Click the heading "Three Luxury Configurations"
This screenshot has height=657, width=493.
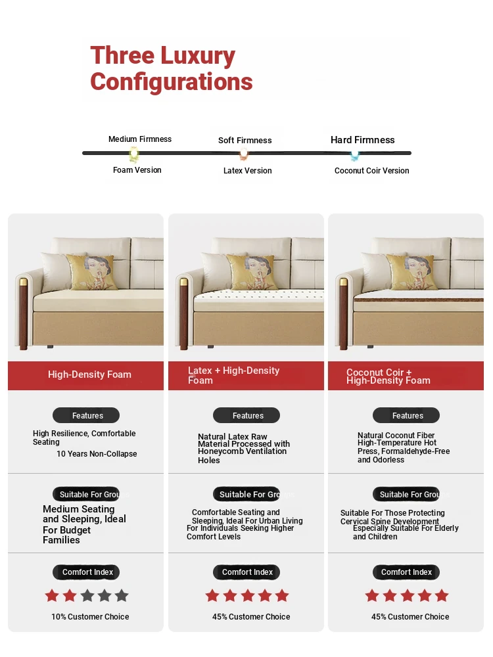pos(171,69)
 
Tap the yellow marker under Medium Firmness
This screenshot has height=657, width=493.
pos(134,154)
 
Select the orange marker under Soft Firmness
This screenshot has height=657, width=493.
pos(244,154)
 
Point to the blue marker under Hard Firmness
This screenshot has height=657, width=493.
pos(355,154)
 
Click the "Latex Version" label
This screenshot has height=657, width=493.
pos(247,171)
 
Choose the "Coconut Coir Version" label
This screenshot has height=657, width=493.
pos(371,171)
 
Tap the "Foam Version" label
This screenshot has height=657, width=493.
pos(137,170)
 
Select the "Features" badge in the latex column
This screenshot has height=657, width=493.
pos(246,415)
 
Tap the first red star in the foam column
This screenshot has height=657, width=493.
pos(52,596)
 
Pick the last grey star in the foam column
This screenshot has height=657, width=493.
pos(122,596)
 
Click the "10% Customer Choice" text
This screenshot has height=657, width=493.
pos(90,617)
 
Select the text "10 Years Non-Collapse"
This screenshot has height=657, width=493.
pos(97,454)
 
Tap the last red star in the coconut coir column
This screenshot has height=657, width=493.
pos(442,596)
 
